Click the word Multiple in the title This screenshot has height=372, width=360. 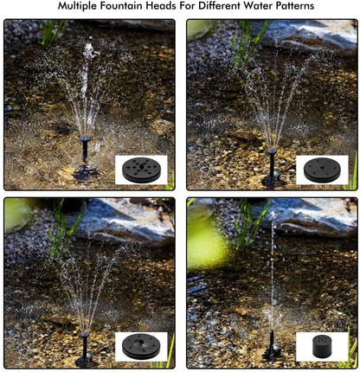pyautogui.click(x=84, y=7)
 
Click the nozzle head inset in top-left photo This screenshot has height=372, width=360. pyautogui.click(x=141, y=169)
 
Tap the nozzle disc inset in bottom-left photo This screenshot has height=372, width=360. pyautogui.click(x=141, y=346)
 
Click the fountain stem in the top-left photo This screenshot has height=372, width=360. pyautogui.click(x=86, y=156)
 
